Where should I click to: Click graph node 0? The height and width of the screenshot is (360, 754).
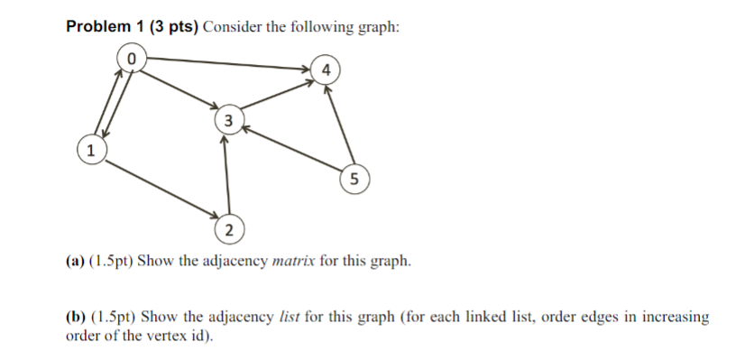tap(132, 58)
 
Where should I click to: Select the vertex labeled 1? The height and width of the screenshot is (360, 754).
tap(88, 149)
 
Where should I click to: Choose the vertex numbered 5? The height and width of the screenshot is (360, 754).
tap(354, 179)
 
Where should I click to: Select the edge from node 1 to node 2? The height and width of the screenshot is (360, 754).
tap(159, 189)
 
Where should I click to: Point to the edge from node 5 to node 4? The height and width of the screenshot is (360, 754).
tap(340, 125)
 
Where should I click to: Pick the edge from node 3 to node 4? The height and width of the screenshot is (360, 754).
tap(275, 97)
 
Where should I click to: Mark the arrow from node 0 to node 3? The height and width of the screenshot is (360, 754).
tap(180, 89)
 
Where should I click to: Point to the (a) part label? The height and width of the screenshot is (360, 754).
tap(75, 263)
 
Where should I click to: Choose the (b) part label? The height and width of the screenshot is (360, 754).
tap(76, 317)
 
